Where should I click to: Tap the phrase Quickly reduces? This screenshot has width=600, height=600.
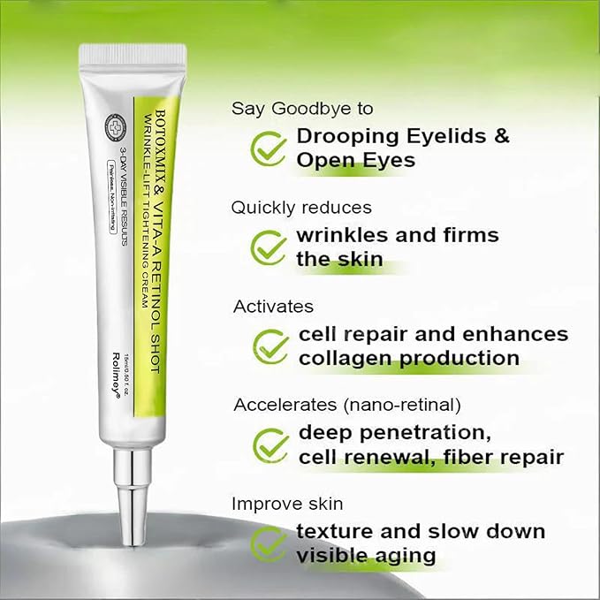pyautogui.click(x=301, y=208)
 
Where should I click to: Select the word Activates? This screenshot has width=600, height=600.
pyautogui.click(x=273, y=307)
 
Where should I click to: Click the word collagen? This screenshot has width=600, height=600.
pyautogui.click(x=345, y=358)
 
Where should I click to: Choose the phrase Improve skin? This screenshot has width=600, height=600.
pyautogui.click(x=287, y=504)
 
